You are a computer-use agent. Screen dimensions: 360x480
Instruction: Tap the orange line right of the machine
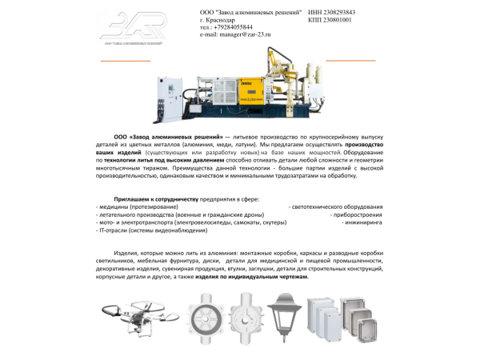(350, 60)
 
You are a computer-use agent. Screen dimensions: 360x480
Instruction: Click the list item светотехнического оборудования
(335, 206)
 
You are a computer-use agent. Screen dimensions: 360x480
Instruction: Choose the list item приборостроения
(358, 214)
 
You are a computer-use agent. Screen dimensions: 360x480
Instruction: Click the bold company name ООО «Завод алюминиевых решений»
(162, 138)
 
